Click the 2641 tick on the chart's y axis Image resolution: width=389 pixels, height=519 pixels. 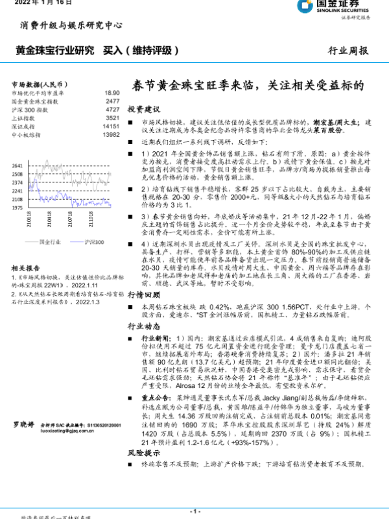(x=18, y=166)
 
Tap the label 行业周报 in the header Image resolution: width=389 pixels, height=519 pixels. (x=348, y=51)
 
